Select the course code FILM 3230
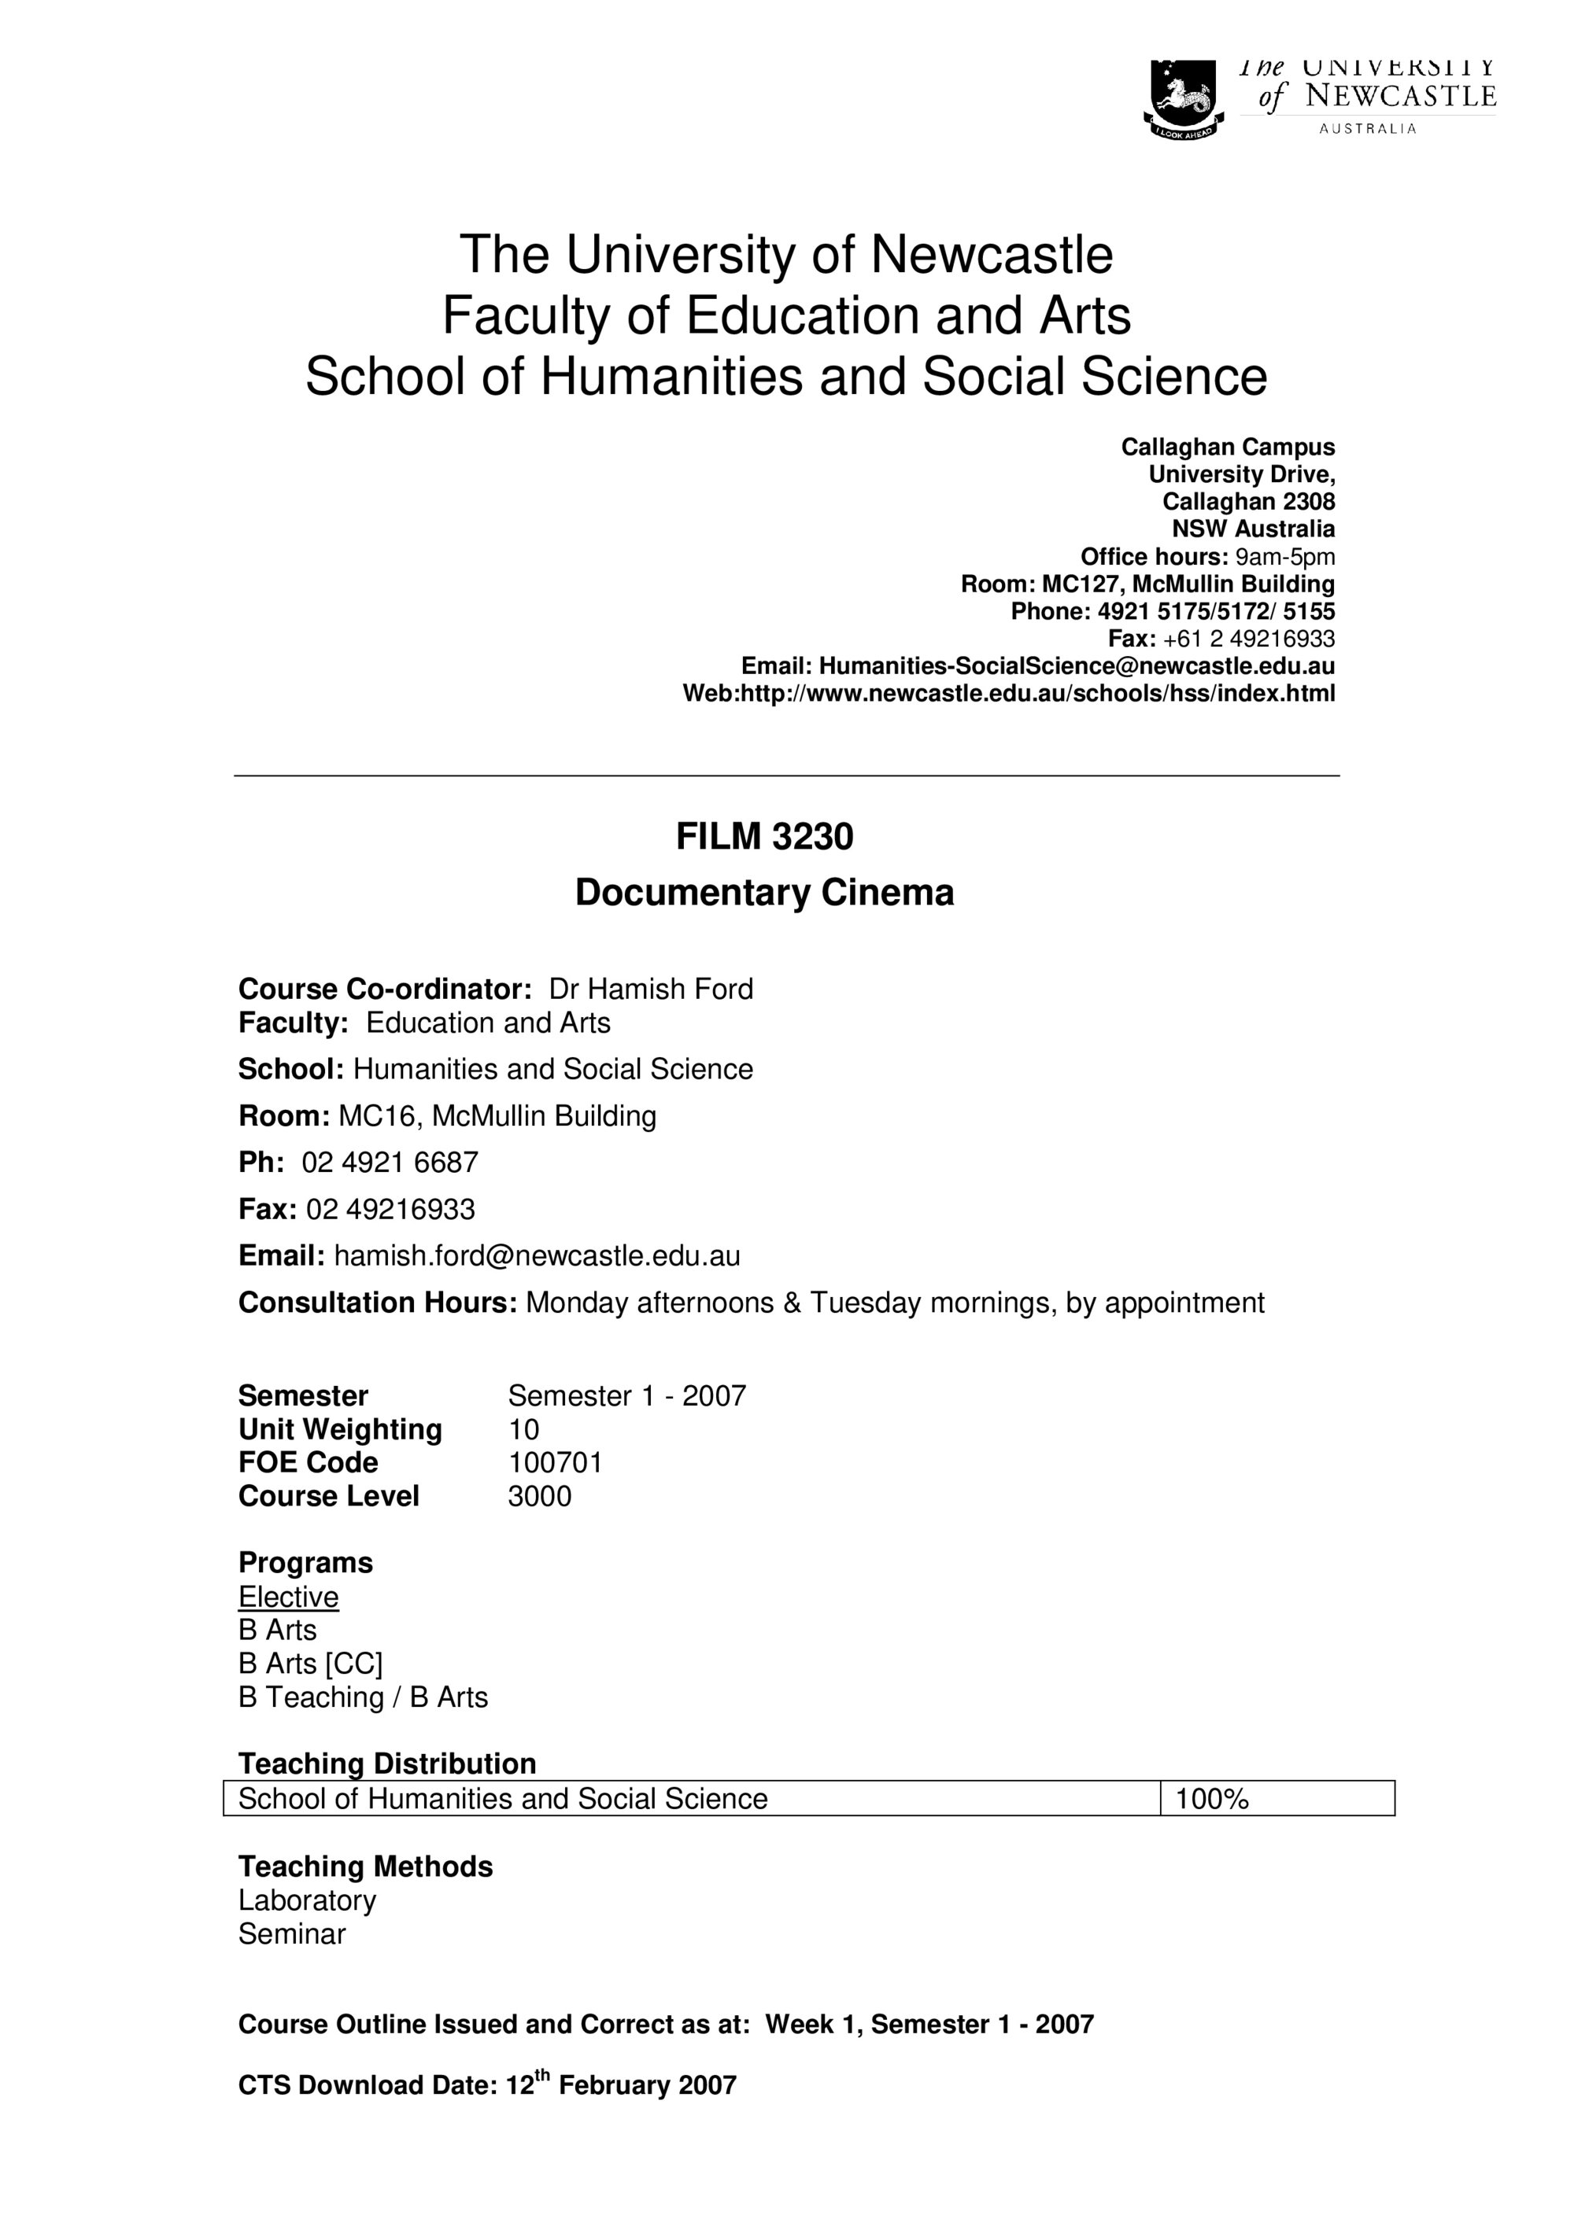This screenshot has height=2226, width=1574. click(x=764, y=837)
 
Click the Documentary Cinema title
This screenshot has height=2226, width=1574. click(x=764, y=893)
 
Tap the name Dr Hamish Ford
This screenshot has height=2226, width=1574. click(x=651, y=989)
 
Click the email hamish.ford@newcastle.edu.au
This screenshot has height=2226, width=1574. click(x=538, y=1256)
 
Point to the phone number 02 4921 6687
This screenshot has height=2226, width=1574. click(x=390, y=1163)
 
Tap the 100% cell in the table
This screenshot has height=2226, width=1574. click(x=1212, y=1800)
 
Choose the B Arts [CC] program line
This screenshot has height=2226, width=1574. click(x=310, y=1664)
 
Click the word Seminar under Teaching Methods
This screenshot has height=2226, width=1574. click(x=292, y=1934)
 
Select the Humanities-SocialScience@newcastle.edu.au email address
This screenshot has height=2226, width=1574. click(x=1077, y=666)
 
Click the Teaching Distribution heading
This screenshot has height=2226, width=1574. click(x=387, y=1763)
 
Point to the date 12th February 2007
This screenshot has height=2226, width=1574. click(x=622, y=2085)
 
